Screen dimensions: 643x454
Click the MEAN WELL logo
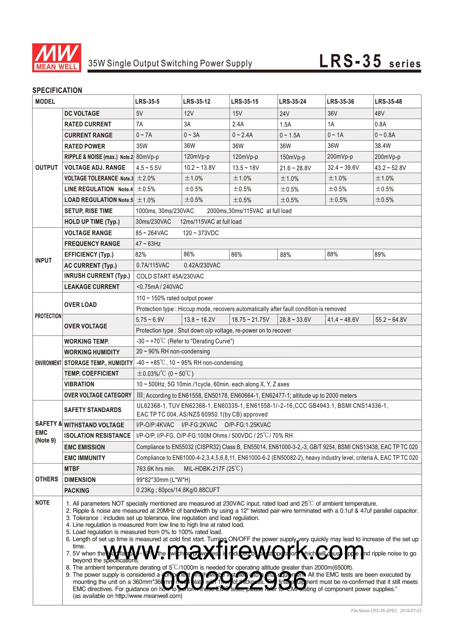coord(56,58)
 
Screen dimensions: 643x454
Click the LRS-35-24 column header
coord(293,102)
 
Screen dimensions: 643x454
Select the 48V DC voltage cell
coord(380,114)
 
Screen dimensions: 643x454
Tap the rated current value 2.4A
coord(238,124)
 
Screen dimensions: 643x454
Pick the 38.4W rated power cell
coord(383,146)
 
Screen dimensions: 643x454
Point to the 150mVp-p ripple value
coord(292,157)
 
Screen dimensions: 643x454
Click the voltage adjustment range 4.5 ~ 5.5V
coord(149,168)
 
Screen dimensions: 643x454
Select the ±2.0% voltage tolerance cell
coord(146,178)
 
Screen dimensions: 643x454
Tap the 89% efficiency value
coord(380,255)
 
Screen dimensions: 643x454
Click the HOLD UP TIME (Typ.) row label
coord(92,222)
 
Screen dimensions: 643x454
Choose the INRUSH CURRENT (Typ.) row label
coord(97,276)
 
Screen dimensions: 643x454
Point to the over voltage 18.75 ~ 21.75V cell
coord(250,320)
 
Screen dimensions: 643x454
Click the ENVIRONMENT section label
coord(48,363)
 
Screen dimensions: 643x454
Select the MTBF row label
coord(72,469)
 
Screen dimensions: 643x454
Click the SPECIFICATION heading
coord(57,90)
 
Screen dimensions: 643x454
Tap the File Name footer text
coord(386,611)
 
